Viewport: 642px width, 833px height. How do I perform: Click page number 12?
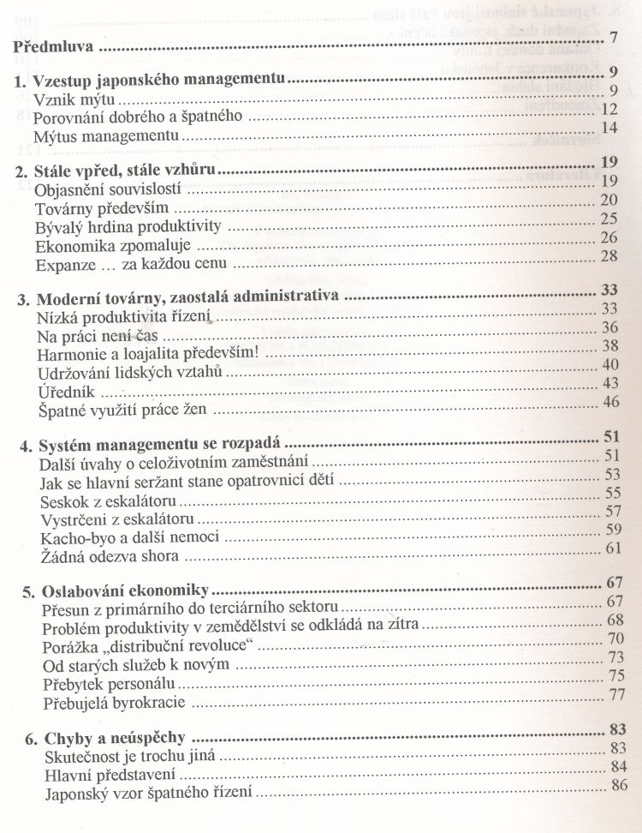(x=609, y=109)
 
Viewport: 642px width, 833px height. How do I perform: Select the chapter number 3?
(x=24, y=299)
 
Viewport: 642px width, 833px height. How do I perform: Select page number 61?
(x=612, y=548)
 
